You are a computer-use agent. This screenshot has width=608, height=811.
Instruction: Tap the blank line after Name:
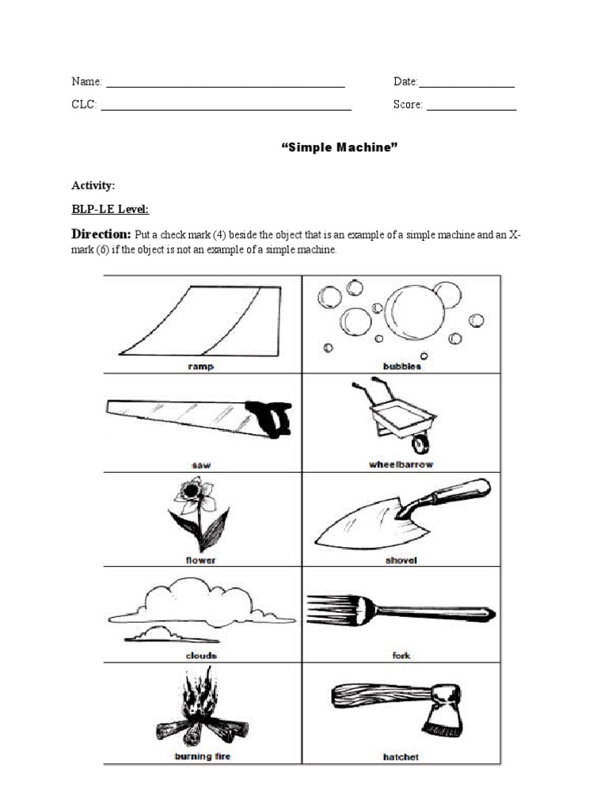[226, 84]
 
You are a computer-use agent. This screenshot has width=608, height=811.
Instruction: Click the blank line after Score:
[471, 107]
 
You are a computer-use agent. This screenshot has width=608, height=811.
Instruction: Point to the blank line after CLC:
[226, 107]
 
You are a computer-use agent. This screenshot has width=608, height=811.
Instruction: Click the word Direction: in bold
[101, 234]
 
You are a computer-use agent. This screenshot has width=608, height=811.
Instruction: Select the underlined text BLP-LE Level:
[110, 209]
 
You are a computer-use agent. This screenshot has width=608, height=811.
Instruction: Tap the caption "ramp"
[202, 367]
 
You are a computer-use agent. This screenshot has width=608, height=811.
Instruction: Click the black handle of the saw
[272, 417]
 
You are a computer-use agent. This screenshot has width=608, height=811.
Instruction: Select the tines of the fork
[330, 608]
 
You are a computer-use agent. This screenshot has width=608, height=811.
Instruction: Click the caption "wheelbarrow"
[401, 464]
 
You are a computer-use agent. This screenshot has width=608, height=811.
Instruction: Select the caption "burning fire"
[202, 757]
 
